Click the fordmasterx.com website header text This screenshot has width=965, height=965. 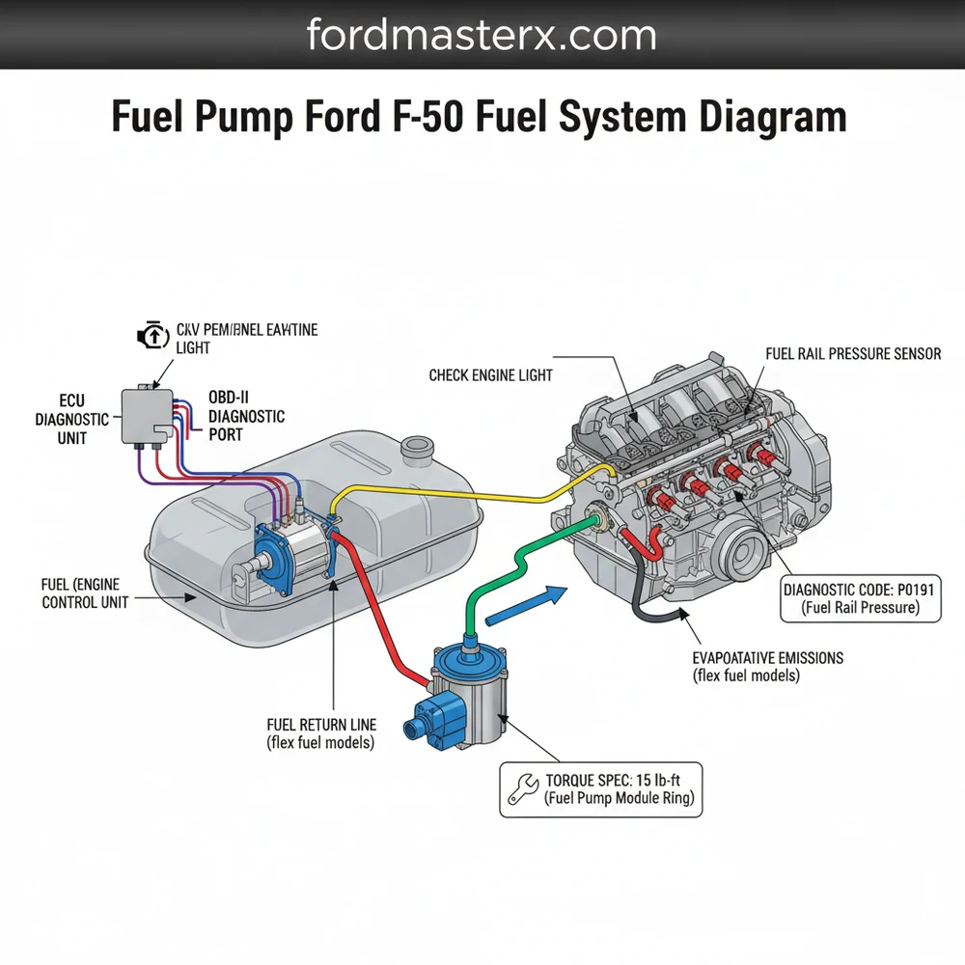[482, 36]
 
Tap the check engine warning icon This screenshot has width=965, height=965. [152, 337]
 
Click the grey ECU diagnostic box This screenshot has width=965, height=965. [146, 415]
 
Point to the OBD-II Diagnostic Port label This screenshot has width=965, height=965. [246, 416]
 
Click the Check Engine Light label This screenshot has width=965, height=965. [490, 374]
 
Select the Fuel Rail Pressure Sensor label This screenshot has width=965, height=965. [852, 354]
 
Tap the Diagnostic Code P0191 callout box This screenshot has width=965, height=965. [858, 598]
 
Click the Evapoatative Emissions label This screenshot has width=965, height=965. [767, 666]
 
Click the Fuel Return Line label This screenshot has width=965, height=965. [321, 732]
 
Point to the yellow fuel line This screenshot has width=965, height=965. [463, 494]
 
